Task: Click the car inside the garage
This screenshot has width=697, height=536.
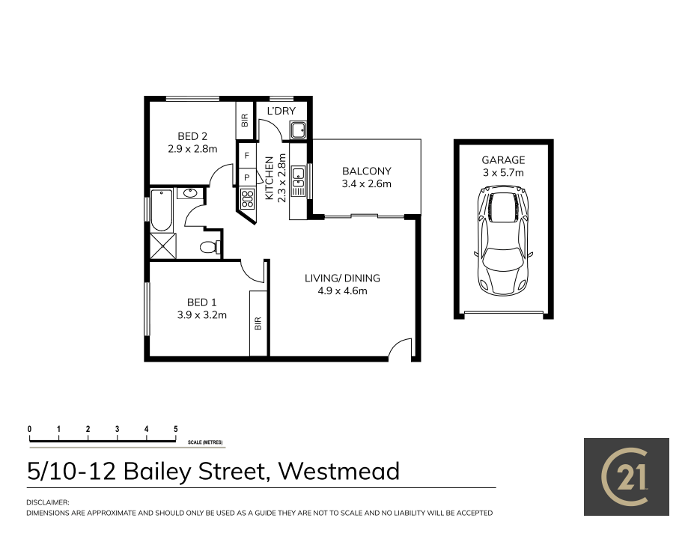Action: pos(503,241)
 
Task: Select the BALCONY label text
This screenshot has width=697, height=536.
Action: pos(366,171)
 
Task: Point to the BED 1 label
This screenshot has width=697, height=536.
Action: pos(197,302)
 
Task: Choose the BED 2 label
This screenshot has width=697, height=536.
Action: pos(192,136)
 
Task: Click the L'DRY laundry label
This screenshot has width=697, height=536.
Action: pos(281,112)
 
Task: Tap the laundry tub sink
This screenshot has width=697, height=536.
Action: pos(298,130)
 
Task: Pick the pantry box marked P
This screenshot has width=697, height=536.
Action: pos(246,177)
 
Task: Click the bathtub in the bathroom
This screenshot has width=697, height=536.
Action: pos(161,210)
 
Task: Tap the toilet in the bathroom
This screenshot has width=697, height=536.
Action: pos(209,247)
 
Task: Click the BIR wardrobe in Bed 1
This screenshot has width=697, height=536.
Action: pos(259,324)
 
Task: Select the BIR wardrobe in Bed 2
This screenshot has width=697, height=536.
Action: pos(244,120)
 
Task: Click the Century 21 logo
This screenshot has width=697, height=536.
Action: pos(626,477)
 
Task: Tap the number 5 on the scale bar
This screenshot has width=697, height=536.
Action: pos(176,429)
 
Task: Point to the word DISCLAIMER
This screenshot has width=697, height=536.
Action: pos(48,502)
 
